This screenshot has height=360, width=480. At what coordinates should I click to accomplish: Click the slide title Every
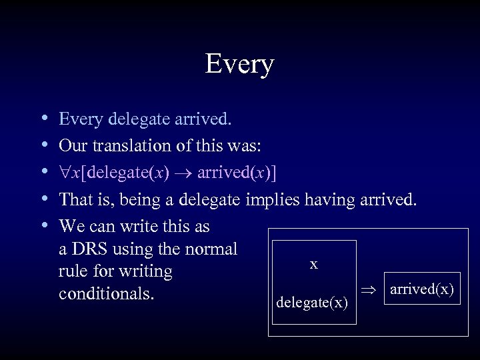(x=240, y=65)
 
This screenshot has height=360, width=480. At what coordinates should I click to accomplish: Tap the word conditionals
(x=113, y=295)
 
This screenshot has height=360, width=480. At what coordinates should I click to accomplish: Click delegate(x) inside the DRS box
(x=311, y=303)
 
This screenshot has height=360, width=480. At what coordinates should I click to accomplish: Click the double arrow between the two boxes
(x=371, y=289)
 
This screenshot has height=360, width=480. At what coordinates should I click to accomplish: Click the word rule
(x=75, y=272)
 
